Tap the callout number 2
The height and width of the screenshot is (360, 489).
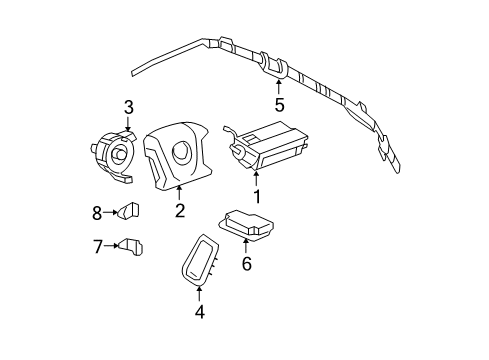tap(180, 210)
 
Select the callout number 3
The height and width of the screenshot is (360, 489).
tap(128, 108)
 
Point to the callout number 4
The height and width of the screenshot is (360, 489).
tap(200, 311)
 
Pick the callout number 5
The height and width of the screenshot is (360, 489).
tap(280, 103)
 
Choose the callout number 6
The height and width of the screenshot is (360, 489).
tap(246, 264)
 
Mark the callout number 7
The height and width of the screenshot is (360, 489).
tap(98, 246)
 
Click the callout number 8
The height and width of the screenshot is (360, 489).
tap(98, 212)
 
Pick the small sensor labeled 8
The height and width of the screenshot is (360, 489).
tap(129, 210)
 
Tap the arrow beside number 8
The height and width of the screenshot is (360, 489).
tap(110, 212)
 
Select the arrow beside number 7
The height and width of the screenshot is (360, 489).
tap(110, 246)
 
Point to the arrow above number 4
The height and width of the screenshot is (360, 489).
tap(200, 293)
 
